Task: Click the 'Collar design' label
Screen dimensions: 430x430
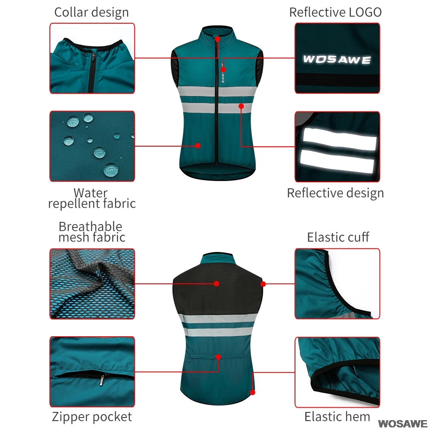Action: coord(91,12)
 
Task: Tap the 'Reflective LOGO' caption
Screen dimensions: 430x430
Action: coord(335,12)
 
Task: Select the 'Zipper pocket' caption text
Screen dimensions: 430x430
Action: coord(92,416)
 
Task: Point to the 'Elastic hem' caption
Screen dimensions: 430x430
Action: coord(337,416)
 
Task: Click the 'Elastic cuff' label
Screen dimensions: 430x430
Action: coord(338,237)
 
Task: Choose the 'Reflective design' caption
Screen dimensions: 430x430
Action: coord(335,193)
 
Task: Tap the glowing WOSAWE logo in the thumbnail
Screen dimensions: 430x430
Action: coord(337,59)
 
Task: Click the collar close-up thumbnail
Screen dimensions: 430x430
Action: coord(92,58)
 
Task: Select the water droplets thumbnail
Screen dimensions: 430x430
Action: coord(92,146)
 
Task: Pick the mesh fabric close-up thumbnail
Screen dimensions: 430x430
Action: coord(92,283)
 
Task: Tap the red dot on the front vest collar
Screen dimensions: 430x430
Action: coord(218,39)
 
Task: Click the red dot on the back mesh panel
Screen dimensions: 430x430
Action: coord(217,283)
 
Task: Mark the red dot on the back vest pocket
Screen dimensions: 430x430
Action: coord(219,356)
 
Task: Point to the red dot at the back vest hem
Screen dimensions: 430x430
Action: coord(253,392)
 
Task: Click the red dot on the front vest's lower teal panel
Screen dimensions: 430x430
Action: coord(197,145)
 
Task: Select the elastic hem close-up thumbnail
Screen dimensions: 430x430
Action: coord(337,372)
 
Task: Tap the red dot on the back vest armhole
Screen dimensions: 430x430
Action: coord(263,284)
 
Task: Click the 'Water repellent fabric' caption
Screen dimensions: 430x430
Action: coord(92,198)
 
